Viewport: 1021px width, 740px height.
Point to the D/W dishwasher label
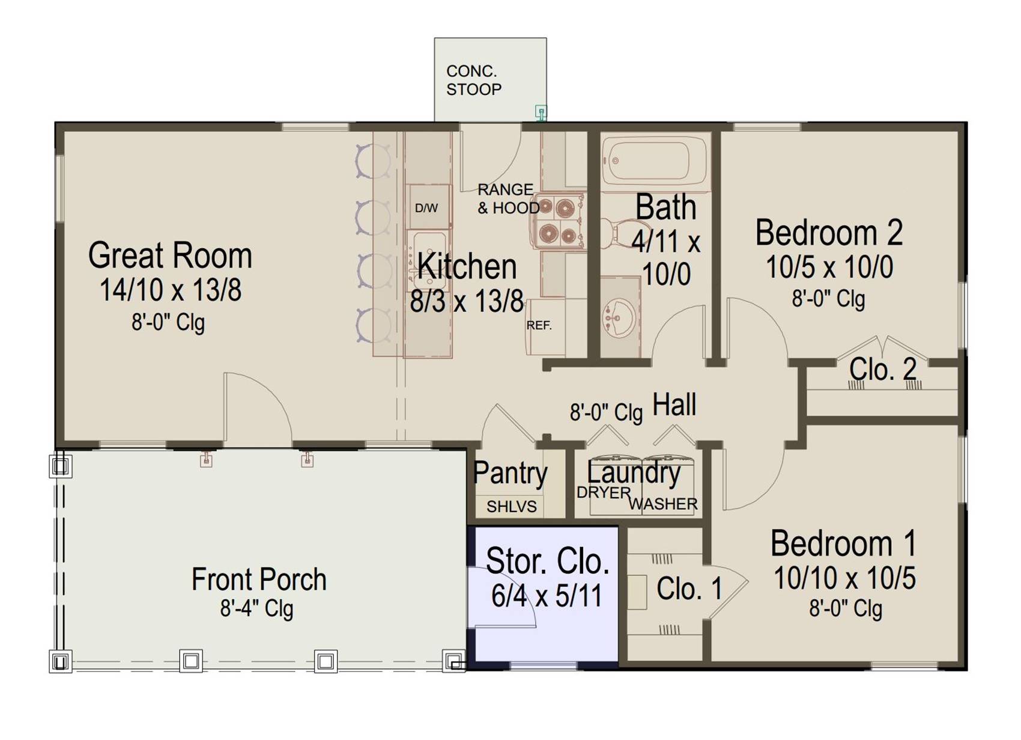point(426,209)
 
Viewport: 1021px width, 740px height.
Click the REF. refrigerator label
point(539,325)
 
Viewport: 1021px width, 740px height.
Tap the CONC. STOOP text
point(474,81)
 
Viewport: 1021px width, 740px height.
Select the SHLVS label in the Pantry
point(512,506)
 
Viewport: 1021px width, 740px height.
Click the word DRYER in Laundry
point(604,492)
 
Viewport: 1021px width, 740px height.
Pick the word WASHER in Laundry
point(663,504)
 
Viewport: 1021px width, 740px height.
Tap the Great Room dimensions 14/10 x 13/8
point(170,290)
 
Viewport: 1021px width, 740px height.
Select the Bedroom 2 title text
point(829,233)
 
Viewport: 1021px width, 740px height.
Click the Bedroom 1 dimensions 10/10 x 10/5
point(844,578)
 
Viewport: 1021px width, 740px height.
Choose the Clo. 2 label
point(883,369)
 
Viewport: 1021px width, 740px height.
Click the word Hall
point(674,404)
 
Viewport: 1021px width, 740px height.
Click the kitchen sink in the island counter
point(428,260)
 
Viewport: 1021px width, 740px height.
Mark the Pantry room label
point(510,474)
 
